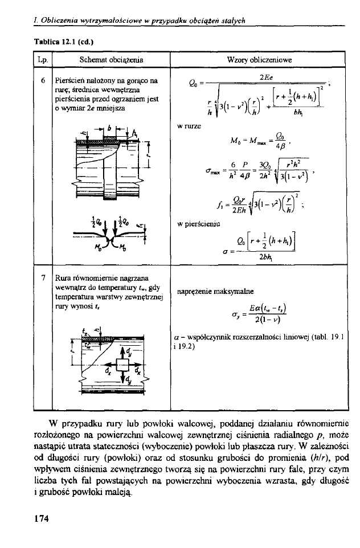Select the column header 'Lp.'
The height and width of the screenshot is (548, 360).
(x=41, y=59)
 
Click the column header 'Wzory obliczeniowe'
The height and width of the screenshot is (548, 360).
(x=259, y=59)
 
